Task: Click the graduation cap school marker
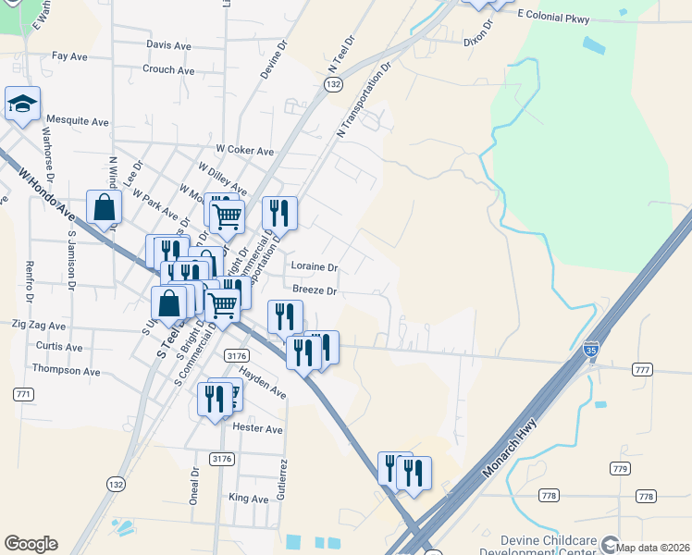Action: [22, 105]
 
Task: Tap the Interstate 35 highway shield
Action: [591, 350]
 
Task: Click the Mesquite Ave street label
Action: [78, 121]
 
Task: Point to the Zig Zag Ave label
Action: [38, 327]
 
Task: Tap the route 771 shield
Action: [23, 394]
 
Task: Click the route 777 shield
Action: [643, 370]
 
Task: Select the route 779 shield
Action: [619, 469]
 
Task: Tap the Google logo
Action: [31, 544]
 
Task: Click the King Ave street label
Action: [247, 498]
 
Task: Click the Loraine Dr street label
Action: [315, 266]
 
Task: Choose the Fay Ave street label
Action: [69, 56]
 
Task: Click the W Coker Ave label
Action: [245, 151]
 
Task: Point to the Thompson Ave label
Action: [66, 370]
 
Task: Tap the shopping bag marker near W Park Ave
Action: [105, 208]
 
